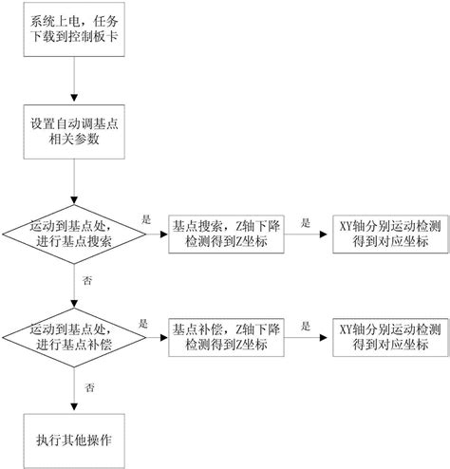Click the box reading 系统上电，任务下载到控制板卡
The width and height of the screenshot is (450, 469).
click(74, 29)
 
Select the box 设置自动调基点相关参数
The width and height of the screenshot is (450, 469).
click(74, 132)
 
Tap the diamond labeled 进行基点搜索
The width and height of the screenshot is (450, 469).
click(74, 234)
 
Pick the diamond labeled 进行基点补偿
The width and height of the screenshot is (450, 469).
click(74, 337)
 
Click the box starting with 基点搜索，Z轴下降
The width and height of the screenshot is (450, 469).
click(226, 234)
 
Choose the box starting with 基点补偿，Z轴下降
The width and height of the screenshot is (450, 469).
click(226, 337)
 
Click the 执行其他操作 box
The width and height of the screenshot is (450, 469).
click(74, 441)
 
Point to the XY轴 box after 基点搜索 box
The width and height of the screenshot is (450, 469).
click(390, 234)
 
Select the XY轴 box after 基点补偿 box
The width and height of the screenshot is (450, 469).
click(390, 337)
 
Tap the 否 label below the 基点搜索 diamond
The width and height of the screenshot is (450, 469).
click(87, 280)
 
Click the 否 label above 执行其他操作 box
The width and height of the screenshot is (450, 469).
click(89, 387)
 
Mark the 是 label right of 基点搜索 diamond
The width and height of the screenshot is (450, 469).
click(146, 219)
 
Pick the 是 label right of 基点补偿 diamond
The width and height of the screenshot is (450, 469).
click(143, 324)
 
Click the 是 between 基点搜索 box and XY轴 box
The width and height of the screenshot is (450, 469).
click(306, 223)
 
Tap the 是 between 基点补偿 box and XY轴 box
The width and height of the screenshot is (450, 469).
click(306, 327)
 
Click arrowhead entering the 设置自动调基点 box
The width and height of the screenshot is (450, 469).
click(74, 98)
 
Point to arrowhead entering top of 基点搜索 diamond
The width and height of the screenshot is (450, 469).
click(74, 200)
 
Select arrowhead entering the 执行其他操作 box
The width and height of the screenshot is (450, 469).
click(74, 406)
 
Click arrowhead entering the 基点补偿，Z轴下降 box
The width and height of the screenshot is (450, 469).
click(164, 337)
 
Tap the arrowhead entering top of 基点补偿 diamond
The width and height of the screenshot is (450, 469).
click(74, 304)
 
